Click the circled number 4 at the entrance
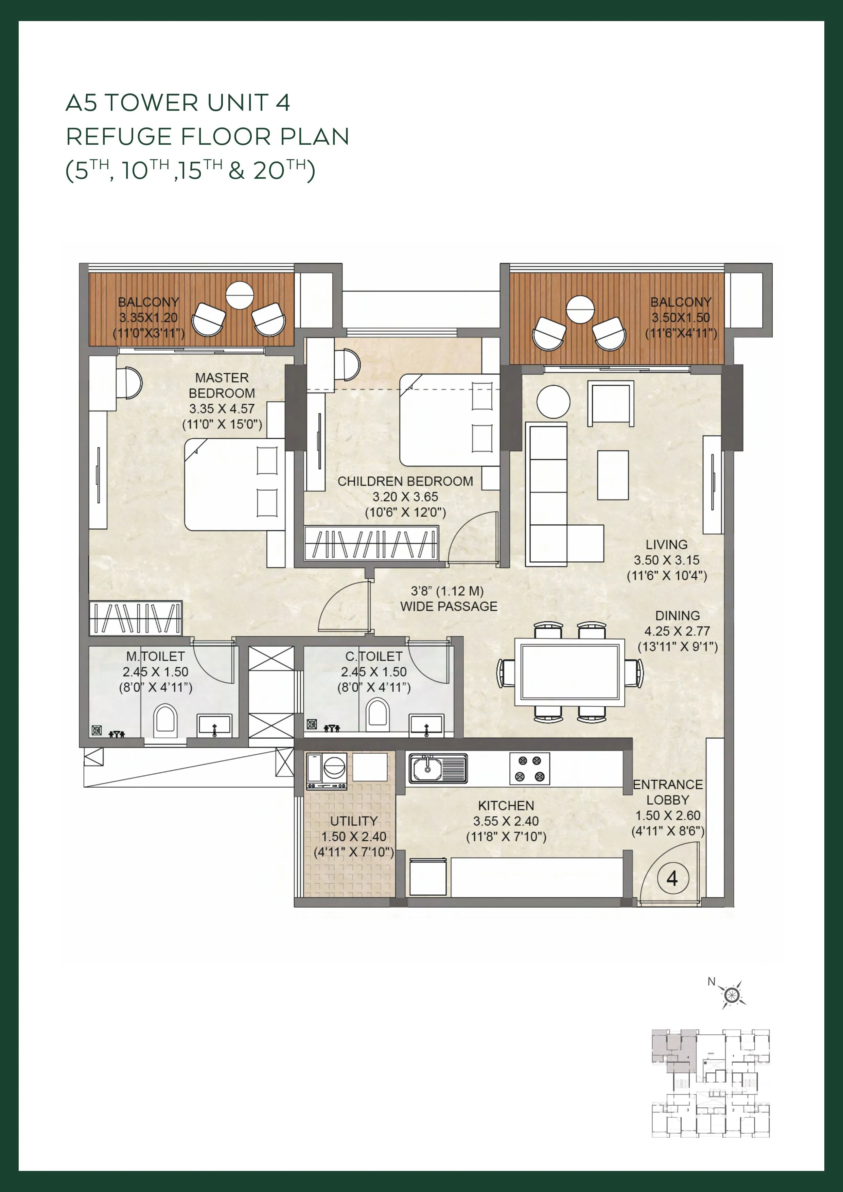672,879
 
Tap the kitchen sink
438,768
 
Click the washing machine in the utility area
327,771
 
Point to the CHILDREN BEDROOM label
405,481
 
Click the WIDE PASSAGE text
449,607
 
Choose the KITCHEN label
506,806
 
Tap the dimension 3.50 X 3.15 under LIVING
667,560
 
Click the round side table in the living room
554,402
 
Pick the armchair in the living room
611,403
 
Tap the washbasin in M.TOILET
214,725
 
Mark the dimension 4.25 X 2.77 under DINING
678,631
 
